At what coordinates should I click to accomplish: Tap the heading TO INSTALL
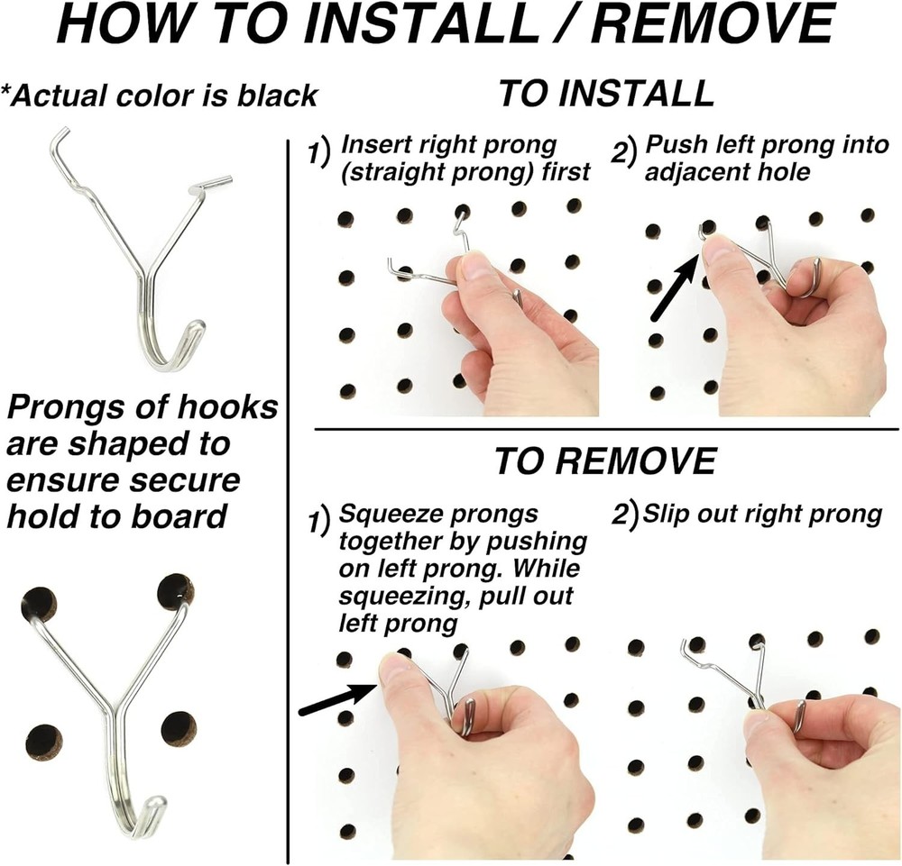pos(605,94)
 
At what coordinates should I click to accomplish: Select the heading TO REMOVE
pos(604,460)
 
